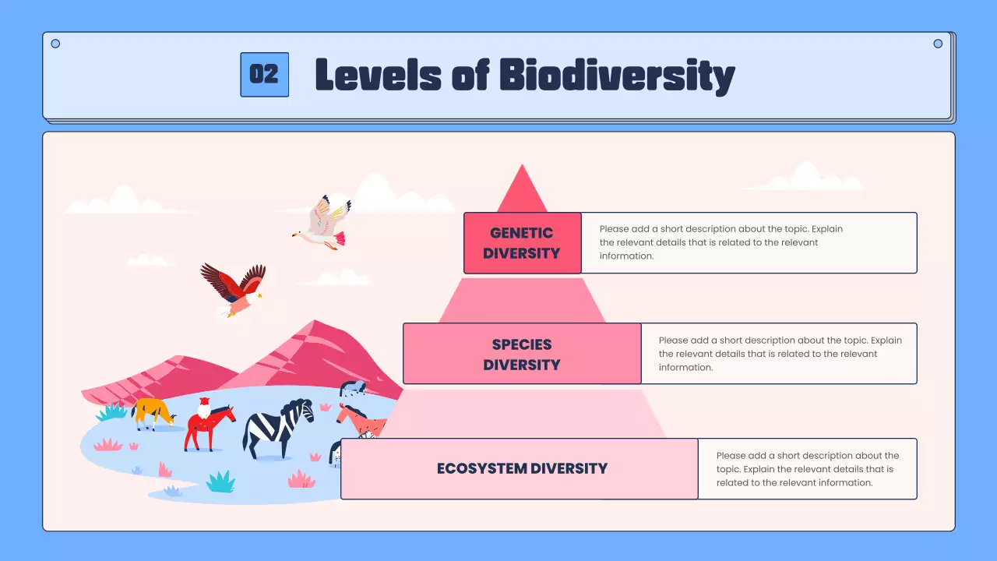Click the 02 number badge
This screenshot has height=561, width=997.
coord(264,75)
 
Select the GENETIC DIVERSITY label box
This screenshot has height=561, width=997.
coord(522,243)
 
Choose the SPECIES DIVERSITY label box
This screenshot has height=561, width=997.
coord(522,355)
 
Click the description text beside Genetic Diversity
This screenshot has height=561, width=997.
coord(720,242)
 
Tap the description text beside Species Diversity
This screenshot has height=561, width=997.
coord(779,354)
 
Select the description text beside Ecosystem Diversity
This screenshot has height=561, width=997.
coord(807,468)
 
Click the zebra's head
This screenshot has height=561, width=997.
coord(302,410)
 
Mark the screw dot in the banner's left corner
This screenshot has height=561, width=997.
coord(55,44)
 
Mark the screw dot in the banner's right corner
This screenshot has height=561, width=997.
coord(938,44)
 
